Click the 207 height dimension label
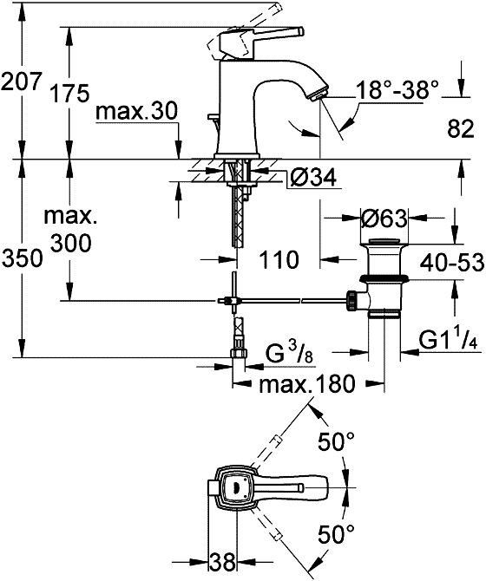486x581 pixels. (x=20, y=82)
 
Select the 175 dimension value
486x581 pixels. (x=69, y=93)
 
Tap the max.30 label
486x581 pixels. (x=137, y=112)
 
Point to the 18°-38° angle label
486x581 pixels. (x=397, y=89)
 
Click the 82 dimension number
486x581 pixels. (x=461, y=129)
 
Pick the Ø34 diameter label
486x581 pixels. (x=313, y=177)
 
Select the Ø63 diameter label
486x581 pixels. (x=384, y=219)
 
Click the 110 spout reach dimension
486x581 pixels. (x=279, y=260)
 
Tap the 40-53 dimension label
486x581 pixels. (x=452, y=263)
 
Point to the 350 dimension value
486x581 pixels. (x=23, y=258)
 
